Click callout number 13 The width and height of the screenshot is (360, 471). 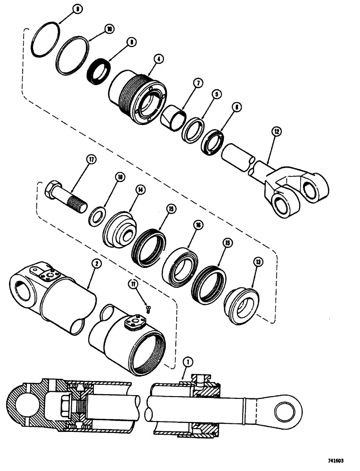pos(258,261)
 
